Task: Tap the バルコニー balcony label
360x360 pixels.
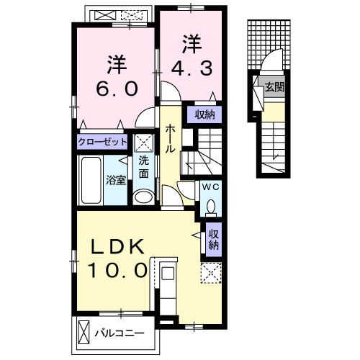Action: click(x=120, y=333)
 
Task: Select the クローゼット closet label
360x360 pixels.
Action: click(x=103, y=142)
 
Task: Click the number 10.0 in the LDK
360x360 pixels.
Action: click(x=118, y=271)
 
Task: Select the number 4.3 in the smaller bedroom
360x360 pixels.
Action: click(x=190, y=68)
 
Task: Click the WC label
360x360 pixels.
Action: click(x=210, y=186)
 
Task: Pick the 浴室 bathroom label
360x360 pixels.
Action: click(x=117, y=179)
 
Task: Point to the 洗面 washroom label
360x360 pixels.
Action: click(x=144, y=166)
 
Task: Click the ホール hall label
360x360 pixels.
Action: click(x=171, y=138)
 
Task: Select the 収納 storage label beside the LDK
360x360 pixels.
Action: click(x=214, y=239)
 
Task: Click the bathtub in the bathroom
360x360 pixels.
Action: click(x=91, y=179)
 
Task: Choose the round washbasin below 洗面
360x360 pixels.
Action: click(x=144, y=197)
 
